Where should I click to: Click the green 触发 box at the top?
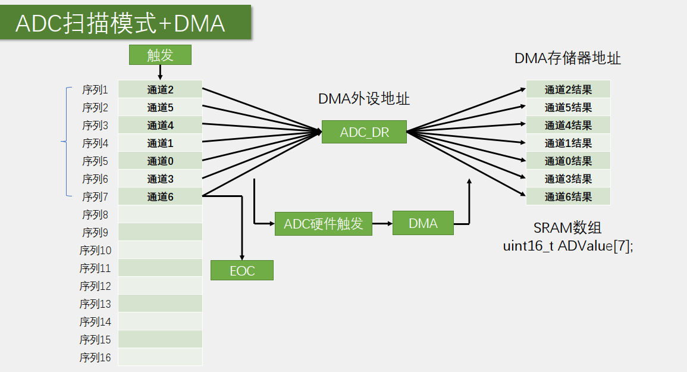pos(160,55)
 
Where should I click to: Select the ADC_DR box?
pos(364,132)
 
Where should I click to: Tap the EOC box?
pos(242,271)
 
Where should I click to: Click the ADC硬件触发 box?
pos(324,224)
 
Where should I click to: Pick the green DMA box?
pos(423,223)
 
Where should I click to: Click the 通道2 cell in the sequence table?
pos(160,90)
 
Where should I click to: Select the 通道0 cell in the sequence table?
pos(160,161)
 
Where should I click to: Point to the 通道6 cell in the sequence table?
pos(160,197)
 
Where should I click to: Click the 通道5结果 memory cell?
pos(568,108)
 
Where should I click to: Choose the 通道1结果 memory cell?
pos(568,143)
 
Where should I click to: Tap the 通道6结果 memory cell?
pos(568,197)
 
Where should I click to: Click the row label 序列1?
pos(95,90)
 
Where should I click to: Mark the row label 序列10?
pos(95,251)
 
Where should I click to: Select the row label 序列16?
pos(95,358)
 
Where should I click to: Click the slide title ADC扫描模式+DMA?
pos(120,23)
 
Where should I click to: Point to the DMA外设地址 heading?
pos(364,99)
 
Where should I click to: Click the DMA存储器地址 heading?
pos(567,58)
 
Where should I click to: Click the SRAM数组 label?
pos(567,228)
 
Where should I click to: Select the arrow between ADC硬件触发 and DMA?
pos(382,224)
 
